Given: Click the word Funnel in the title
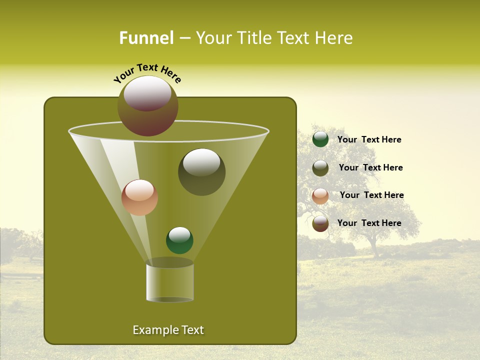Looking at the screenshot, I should [x=146, y=37].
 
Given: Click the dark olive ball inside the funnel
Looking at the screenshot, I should [x=202, y=172].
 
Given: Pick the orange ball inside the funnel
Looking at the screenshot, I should [x=139, y=197].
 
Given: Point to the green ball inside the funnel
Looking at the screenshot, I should [x=179, y=240].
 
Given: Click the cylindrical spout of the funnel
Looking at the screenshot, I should [x=170, y=282].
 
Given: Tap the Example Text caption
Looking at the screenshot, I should [x=168, y=330].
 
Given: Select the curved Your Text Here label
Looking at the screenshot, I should [x=147, y=73].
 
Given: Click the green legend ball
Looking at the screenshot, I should [x=320, y=139].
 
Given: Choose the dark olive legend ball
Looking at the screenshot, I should [x=320, y=168].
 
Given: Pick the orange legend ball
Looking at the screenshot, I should [x=320, y=195].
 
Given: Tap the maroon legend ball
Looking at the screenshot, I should [x=320, y=223].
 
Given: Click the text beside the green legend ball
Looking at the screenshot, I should [x=369, y=139].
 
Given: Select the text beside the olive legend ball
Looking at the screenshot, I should [x=370, y=167].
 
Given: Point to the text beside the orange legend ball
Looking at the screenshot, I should [x=371, y=195].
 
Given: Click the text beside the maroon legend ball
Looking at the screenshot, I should [x=369, y=223].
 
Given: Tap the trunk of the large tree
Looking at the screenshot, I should [x=373, y=247].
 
